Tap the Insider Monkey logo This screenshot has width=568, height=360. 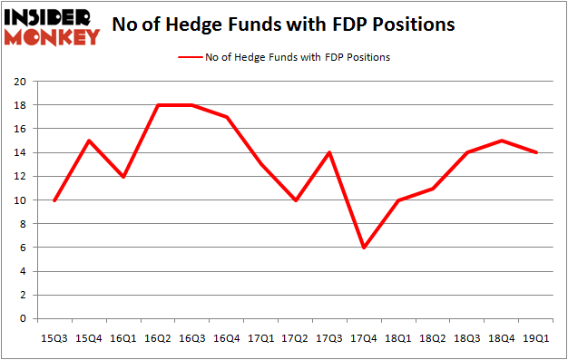(52, 26)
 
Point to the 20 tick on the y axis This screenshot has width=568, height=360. (20, 82)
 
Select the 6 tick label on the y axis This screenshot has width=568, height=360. (23, 248)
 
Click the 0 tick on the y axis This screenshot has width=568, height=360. (23, 319)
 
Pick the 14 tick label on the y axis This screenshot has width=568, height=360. (20, 152)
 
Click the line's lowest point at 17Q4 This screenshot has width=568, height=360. (365, 248)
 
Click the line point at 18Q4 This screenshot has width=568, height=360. (502, 141)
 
